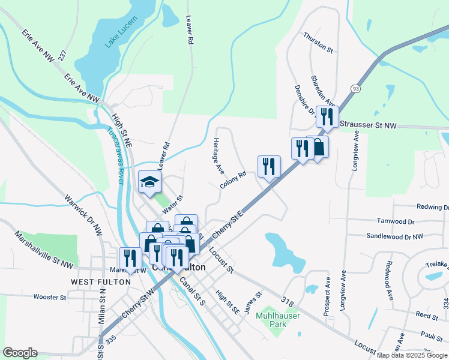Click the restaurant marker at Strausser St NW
click(x=327, y=116)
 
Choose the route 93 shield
click(x=356, y=89)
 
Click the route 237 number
click(x=62, y=53)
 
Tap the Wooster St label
click(x=50, y=297)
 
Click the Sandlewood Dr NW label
click(x=394, y=237)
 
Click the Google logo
click(x=20, y=353)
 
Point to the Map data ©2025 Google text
click(x=412, y=355)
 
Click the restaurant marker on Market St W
click(x=129, y=258)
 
